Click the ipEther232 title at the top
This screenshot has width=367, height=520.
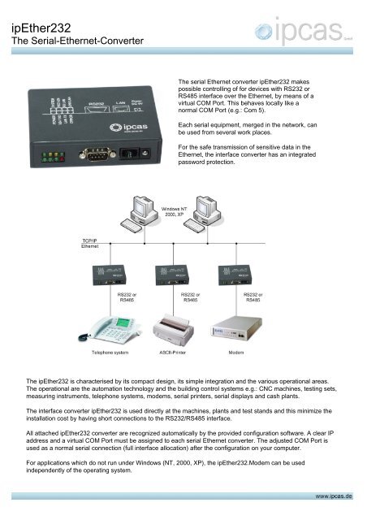[37, 28]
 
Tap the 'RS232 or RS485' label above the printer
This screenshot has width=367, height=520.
[189, 297]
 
